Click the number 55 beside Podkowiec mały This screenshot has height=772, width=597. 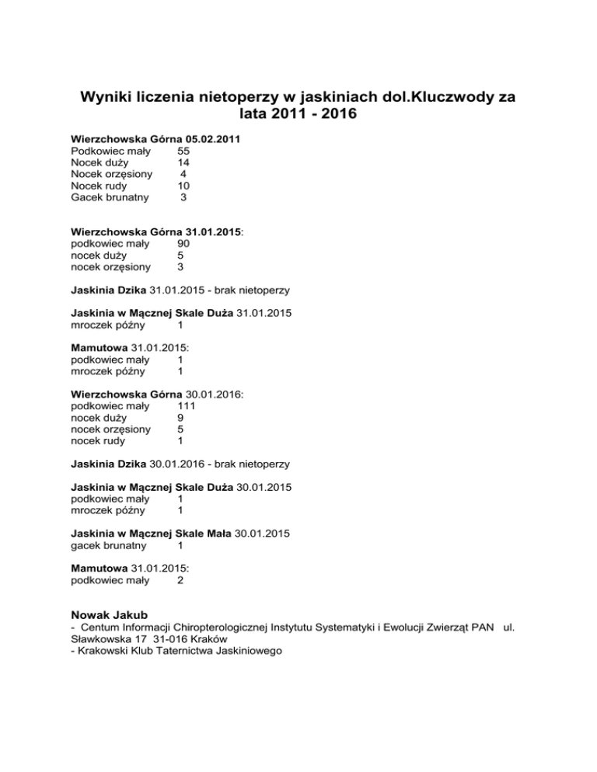(x=183, y=151)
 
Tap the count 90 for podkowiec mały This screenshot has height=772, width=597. (x=183, y=243)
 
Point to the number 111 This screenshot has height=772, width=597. (x=186, y=405)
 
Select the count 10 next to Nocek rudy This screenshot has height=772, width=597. (x=183, y=186)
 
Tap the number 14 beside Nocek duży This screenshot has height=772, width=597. (x=183, y=163)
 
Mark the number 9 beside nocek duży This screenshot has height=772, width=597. (x=180, y=417)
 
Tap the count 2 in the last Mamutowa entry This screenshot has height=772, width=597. (x=180, y=579)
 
